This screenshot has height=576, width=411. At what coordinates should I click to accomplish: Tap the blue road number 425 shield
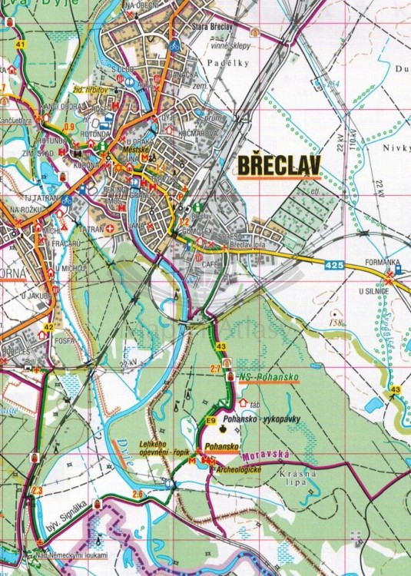(333, 265)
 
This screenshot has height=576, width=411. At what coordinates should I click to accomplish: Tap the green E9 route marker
(210, 420)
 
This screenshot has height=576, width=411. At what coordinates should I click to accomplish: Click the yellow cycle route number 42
(48, 327)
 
